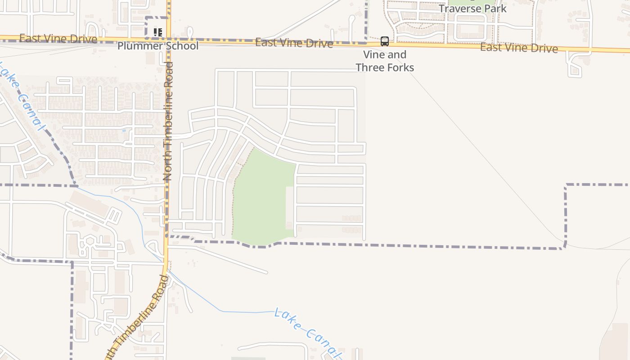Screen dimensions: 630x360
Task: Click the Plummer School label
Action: point(157,46)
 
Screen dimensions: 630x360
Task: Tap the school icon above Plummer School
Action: point(157,32)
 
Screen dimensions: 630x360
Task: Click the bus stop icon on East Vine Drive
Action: point(385,41)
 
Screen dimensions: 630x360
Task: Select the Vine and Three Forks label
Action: point(385,61)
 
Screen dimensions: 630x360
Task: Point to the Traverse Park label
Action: point(472,9)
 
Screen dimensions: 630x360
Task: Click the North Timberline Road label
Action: point(168,121)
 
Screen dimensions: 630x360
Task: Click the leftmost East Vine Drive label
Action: point(58,39)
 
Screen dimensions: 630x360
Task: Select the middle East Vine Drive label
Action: point(294,43)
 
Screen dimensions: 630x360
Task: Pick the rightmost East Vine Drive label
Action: point(519,48)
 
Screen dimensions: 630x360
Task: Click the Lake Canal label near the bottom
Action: point(306,331)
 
